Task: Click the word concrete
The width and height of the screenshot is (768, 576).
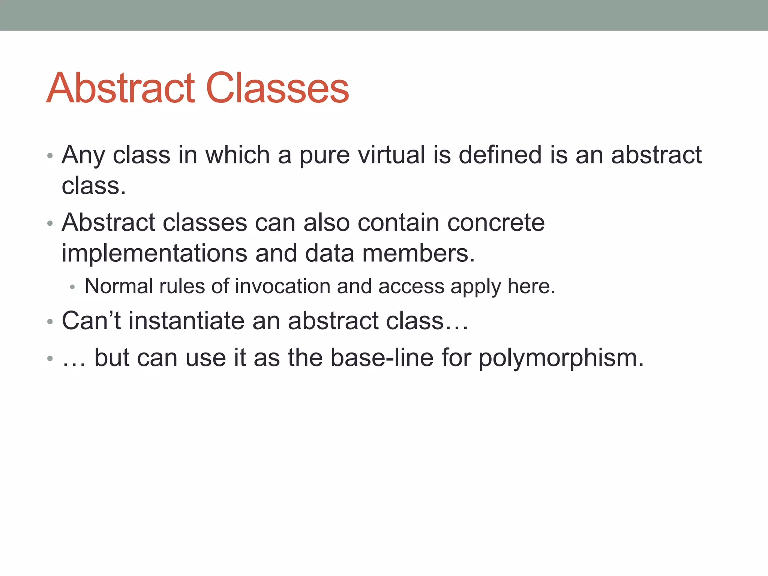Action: (x=496, y=222)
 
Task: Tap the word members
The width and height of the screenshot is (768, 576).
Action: (x=418, y=253)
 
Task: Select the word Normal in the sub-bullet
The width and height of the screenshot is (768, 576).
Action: (x=118, y=286)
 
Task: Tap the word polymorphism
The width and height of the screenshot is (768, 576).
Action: (x=561, y=358)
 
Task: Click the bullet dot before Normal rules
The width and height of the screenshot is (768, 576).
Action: (x=73, y=288)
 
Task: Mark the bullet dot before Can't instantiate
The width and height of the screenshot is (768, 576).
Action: (x=50, y=322)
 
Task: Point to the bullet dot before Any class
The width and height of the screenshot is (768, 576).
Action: (x=50, y=156)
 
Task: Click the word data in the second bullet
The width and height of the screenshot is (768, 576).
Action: (x=329, y=253)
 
